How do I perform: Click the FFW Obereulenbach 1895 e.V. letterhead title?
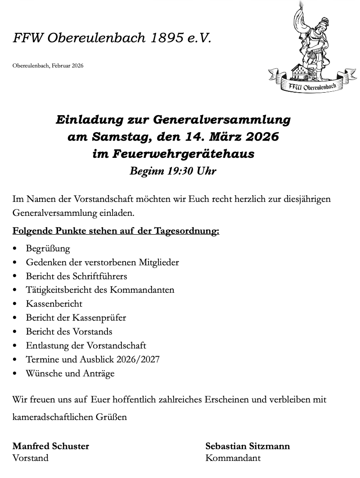pos(112,38)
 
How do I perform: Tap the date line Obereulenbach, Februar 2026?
pos(48,66)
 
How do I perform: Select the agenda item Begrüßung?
pos(48,248)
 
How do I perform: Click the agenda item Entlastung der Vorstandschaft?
pos(86,346)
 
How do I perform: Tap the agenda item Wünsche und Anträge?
pos(70,374)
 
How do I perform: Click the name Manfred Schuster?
pos(51,446)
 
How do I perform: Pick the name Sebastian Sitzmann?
pos(247,446)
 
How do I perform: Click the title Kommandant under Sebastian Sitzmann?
pos(233,458)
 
